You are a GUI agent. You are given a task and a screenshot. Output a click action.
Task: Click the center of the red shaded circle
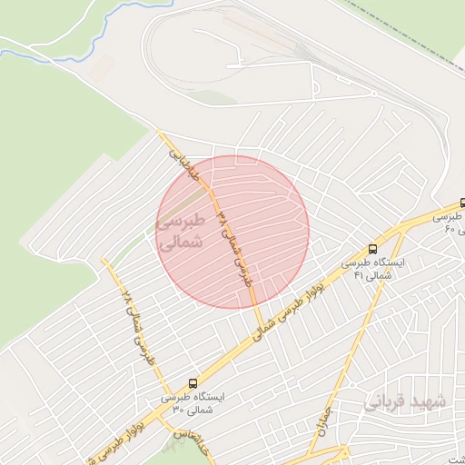coord(232,232)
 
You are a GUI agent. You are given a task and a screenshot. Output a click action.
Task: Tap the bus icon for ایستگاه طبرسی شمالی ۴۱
coord(372,248)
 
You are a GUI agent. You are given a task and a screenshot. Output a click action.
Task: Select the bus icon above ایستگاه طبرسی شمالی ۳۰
coord(192,383)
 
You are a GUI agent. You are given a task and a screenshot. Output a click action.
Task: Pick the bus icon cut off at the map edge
coord(460,203)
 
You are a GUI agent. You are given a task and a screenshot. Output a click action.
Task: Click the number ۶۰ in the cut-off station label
coord(449,231)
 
